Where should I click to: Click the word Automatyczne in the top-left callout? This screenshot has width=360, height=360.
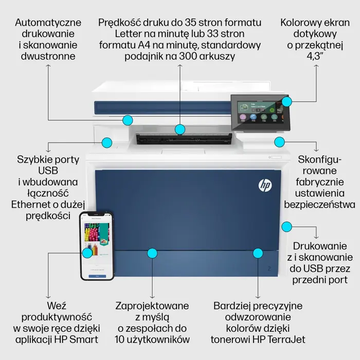point(48,23)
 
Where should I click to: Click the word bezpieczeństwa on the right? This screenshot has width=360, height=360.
point(323,205)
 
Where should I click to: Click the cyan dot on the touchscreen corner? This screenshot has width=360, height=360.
point(286,101)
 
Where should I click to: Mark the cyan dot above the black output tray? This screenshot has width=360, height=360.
point(179,129)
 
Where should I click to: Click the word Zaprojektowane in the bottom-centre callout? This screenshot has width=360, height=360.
point(152,305)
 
